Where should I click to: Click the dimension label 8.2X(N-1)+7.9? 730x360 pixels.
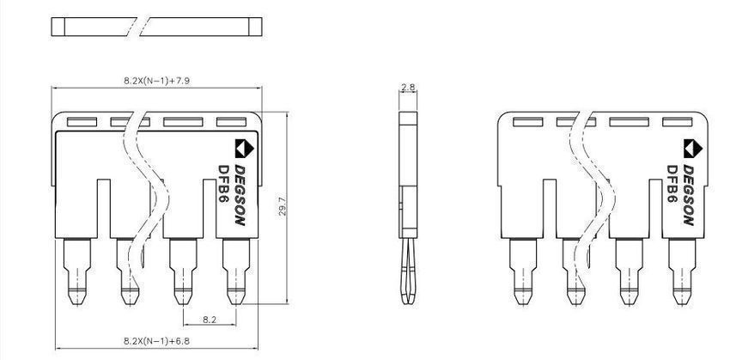tap(156, 81)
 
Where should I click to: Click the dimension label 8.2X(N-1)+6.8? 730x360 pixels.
tap(156, 341)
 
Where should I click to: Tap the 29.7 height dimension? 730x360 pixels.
tap(283, 206)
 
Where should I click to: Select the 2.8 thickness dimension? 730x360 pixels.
tap(408, 87)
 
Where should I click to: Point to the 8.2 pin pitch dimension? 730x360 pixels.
tap(209, 320)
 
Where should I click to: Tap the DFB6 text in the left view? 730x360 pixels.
tap(224, 184)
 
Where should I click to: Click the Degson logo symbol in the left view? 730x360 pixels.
tap(245, 149)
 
